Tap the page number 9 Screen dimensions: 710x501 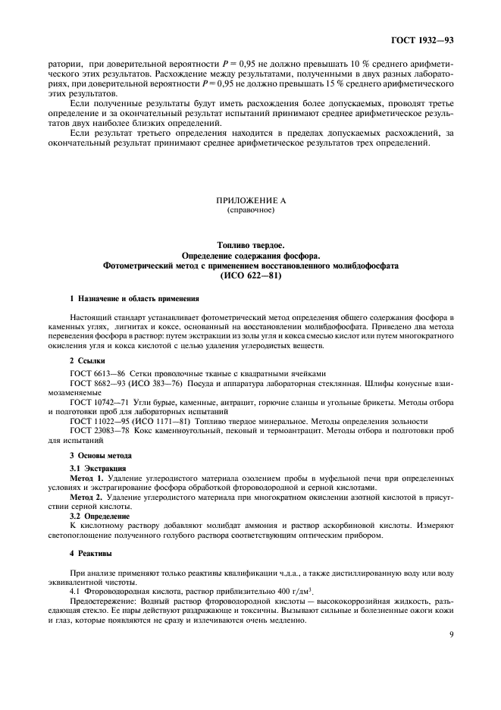(450, 647)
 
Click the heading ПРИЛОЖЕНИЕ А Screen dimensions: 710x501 (250, 202)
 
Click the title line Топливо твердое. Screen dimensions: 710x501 (250, 247)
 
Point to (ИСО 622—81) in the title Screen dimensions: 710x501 (250, 276)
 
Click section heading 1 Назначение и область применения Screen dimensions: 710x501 (130, 300)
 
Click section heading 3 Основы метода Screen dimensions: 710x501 (100, 454)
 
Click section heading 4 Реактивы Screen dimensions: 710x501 (91, 554)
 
